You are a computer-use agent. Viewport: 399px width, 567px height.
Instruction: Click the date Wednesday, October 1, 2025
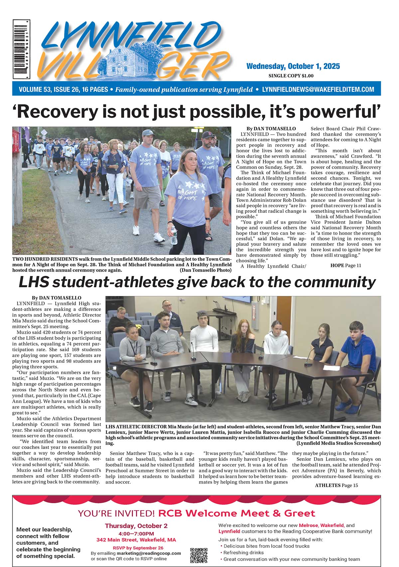[x=293, y=66]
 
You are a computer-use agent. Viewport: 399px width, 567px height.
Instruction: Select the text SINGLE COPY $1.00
[x=291, y=76]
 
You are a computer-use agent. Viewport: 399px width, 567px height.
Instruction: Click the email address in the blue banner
[x=318, y=89]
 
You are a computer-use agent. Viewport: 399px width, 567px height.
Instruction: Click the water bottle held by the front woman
[x=174, y=235]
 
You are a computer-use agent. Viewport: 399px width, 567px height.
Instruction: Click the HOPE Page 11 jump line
[x=345, y=265]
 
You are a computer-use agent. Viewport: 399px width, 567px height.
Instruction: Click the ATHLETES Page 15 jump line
[x=336, y=485]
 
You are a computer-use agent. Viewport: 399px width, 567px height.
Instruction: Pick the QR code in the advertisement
[x=199, y=555]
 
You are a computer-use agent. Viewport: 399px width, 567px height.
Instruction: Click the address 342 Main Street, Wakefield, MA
[x=136, y=540]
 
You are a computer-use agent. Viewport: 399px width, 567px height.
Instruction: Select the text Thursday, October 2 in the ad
[x=136, y=526]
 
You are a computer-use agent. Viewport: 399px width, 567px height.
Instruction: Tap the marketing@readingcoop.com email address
[x=149, y=553]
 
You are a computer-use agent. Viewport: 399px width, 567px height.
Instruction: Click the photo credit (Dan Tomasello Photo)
[x=205, y=270]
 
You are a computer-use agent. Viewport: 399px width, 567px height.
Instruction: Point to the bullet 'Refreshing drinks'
[x=244, y=552]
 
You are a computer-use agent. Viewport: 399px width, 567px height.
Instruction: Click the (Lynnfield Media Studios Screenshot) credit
[x=338, y=443]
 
